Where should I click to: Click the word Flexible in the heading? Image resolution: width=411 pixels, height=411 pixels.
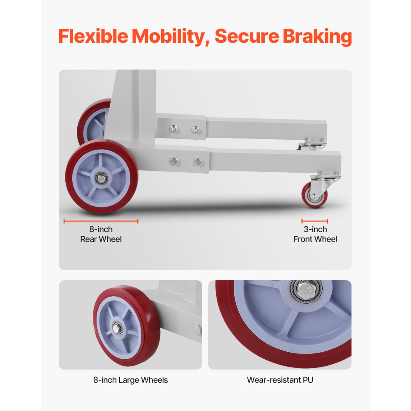pos(93,36)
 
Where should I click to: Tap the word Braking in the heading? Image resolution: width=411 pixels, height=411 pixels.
pos(317,37)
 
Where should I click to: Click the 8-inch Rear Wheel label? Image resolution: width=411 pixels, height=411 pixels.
pos(101,234)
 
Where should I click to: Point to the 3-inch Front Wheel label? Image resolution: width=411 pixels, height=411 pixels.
pos(315,234)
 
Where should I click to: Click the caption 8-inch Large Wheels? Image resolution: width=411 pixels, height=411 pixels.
pos(131,380)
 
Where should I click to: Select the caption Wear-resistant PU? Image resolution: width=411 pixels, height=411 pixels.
pos(280,380)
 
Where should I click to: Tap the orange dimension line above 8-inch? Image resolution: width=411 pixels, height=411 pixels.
pos(101,221)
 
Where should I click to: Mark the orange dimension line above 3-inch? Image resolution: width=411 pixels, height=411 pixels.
pos(314,221)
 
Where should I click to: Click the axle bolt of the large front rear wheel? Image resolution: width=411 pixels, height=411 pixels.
pos(101,178)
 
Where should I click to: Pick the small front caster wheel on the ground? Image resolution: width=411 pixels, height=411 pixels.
pos(314,195)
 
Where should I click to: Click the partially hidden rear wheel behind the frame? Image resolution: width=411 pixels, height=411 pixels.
pos(93,122)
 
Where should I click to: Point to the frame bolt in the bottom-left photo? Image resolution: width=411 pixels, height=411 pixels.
pos(197,330)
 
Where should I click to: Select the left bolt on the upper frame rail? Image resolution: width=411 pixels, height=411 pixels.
pos(173,129)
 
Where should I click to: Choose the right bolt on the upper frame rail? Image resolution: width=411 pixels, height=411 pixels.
pos(195,129)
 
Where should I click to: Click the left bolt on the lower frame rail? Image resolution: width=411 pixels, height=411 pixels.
pos(173,162)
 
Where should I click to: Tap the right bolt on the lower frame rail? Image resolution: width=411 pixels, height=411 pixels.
pos(198,162)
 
